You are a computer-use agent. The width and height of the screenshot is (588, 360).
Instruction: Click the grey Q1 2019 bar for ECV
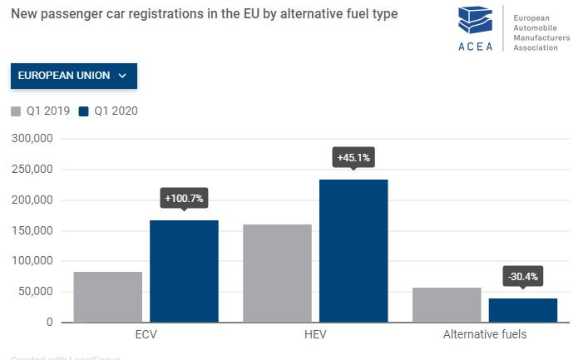point(107,297)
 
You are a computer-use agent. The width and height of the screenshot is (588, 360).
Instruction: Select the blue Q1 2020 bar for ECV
point(184,271)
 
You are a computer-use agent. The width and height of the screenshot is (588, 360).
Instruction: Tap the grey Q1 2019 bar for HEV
point(277,273)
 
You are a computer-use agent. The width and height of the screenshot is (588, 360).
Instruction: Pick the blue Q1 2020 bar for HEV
point(353,250)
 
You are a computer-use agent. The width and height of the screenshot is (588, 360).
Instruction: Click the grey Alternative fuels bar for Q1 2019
point(447,304)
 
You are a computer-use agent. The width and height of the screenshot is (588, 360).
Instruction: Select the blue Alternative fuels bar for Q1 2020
point(523,310)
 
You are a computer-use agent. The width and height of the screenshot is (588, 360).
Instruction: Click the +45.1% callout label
point(353,157)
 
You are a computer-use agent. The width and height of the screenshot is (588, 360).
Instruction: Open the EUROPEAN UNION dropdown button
point(73,76)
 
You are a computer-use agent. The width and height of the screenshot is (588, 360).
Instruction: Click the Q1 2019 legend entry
point(40,111)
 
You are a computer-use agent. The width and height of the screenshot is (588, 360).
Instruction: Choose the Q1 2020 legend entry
point(107,111)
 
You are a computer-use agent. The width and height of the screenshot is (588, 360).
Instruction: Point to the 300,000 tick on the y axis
point(32,139)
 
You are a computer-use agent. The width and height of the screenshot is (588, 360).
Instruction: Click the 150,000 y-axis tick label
point(32,230)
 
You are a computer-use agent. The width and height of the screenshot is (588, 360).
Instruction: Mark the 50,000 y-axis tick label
point(35,292)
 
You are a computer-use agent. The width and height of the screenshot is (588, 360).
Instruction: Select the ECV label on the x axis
point(146,334)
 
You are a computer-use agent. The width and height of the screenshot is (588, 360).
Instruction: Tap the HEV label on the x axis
point(315,334)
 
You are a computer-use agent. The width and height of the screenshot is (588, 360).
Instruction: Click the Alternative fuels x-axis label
point(485,334)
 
